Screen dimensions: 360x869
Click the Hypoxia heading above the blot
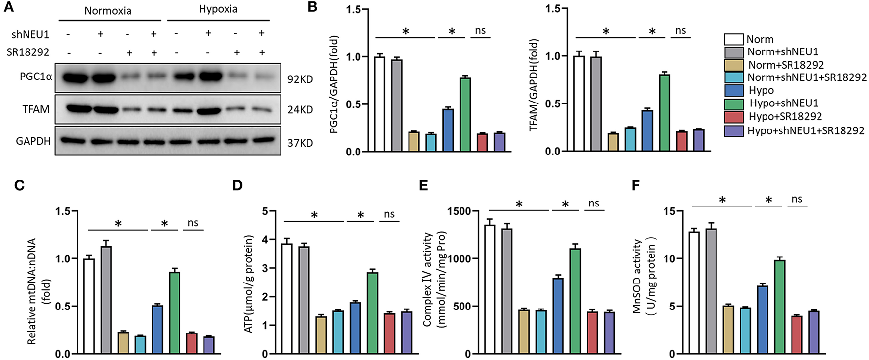pyautogui.click(x=218, y=9)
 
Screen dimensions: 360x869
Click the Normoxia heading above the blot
pyautogui.click(x=108, y=11)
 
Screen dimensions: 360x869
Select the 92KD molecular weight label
pyautogui.click(x=300, y=79)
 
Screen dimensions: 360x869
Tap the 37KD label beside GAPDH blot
pyautogui.click(x=300, y=143)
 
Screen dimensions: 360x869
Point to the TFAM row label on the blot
pyautogui.click(x=36, y=109)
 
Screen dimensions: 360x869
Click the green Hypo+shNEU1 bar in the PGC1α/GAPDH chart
pyautogui.click(x=465, y=115)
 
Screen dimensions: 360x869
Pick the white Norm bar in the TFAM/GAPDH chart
pyautogui.click(x=579, y=104)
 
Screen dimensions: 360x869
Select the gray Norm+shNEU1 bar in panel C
pyautogui.click(x=106, y=300)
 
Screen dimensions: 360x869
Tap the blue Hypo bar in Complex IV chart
pyautogui.click(x=558, y=316)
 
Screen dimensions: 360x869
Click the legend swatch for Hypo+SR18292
pyautogui.click(x=734, y=117)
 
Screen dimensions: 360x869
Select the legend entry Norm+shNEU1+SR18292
pyautogui.click(x=806, y=77)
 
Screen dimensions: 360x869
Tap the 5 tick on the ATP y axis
pyautogui.click(x=264, y=211)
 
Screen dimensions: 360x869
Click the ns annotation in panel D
pyautogui.click(x=389, y=214)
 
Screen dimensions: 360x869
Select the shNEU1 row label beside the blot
pyautogui.click(x=30, y=34)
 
